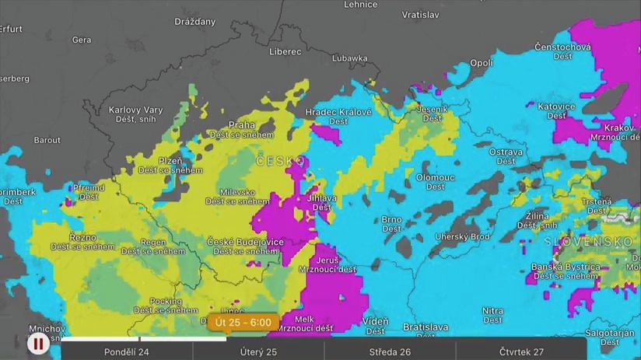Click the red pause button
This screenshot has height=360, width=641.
click(x=37, y=342)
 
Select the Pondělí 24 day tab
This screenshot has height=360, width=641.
click(x=127, y=351)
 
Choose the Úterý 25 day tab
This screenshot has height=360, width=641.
click(x=258, y=351)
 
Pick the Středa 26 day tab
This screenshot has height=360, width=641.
click(x=390, y=351)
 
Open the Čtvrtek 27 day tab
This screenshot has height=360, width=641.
click(x=521, y=351)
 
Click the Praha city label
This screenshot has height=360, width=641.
click(x=242, y=125)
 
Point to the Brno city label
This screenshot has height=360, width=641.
click(x=392, y=220)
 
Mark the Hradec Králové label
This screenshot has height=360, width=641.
click(x=338, y=112)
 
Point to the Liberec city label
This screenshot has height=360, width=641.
click(x=285, y=51)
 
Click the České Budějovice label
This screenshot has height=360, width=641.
click(x=245, y=242)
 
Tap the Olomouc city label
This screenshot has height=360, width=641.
click(x=435, y=177)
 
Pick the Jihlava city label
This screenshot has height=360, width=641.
click(x=322, y=197)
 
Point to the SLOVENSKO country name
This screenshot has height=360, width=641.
click(x=589, y=242)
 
